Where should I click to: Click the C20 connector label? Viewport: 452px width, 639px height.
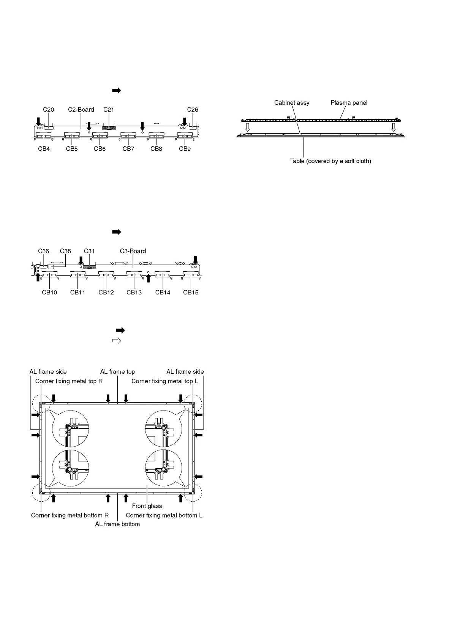(48, 110)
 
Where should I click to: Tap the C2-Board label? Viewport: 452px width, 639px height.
(81, 110)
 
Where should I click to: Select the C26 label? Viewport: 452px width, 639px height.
(193, 110)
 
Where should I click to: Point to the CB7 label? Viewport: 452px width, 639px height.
(128, 149)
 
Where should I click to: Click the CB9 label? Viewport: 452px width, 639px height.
(185, 149)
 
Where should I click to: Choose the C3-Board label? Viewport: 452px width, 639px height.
(133, 251)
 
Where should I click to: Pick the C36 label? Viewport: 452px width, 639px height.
(44, 251)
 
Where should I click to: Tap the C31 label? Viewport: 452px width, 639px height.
(89, 251)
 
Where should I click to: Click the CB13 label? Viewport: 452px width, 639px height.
(134, 293)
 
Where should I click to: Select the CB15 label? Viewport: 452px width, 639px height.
(191, 293)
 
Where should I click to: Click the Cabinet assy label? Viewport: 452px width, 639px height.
(292, 103)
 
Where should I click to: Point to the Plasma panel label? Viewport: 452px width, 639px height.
(349, 103)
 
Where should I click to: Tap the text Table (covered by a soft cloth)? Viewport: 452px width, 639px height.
(330, 161)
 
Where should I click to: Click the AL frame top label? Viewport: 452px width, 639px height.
(117, 372)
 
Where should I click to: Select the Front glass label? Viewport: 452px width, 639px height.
(147, 506)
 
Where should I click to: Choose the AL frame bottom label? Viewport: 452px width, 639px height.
(117, 524)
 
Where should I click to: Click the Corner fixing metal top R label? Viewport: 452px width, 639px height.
(69, 381)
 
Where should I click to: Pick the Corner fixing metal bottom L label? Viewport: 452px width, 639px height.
(164, 515)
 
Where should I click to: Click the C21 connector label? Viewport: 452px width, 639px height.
(109, 110)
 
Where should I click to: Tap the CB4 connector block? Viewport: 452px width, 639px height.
(43, 135)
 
